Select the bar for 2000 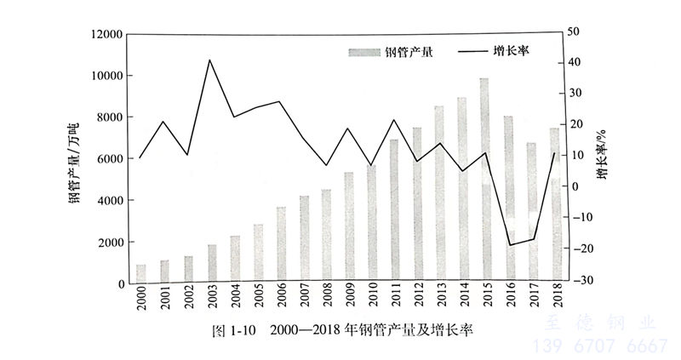point(141,273)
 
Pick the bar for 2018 point(554,205)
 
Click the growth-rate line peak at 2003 point(210,60)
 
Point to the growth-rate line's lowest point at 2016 point(508,245)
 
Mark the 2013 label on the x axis point(439,300)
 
